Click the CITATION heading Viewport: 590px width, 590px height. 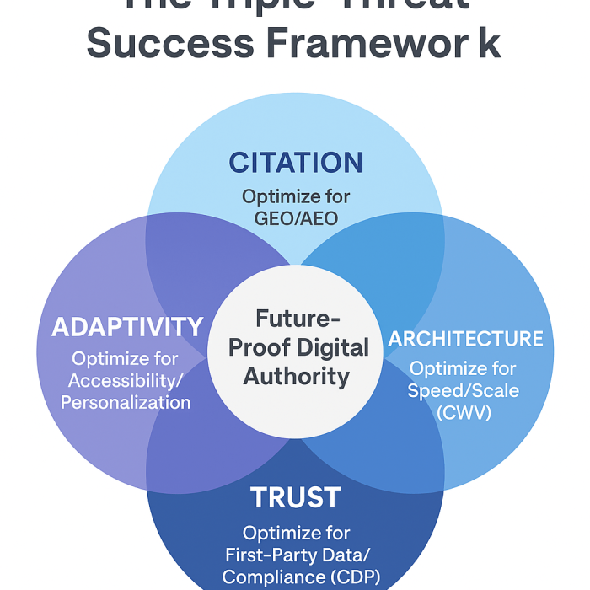pyautogui.click(x=295, y=162)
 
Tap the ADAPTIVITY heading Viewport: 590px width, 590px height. pyautogui.click(x=127, y=327)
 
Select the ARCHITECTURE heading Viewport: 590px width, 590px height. pyautogui.click(x=465, y=339)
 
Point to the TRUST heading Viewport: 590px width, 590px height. pyautogui.click(x=295, y=497)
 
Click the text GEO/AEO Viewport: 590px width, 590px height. pyautogui.click(x=296, y=217)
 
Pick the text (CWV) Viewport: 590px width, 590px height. pyautogui.click(x=463, y=413)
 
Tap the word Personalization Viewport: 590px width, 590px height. pyautogui.click(x=126, y=402)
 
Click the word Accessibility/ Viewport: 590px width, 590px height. pyautogui.click(x=126, y=380)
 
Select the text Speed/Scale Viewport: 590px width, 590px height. pyautogui.click(x=464, y=391)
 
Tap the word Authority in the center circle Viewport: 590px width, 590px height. pyautogui.click(x=296, y=376)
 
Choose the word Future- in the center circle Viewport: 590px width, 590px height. pyautogui.click(x=298, y=319)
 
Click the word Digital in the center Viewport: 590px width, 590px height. pyautogui.click(x=332, y=347)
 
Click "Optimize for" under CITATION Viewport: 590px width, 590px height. pyautogui.click(x=296, y=196)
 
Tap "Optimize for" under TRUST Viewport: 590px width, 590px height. pyautogui.click(x=296, y=534)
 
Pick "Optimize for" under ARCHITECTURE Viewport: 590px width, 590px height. pyautogui.click(x=464, y=369)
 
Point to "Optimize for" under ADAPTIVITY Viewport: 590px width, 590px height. pyautogui.click(x=126, y=358)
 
